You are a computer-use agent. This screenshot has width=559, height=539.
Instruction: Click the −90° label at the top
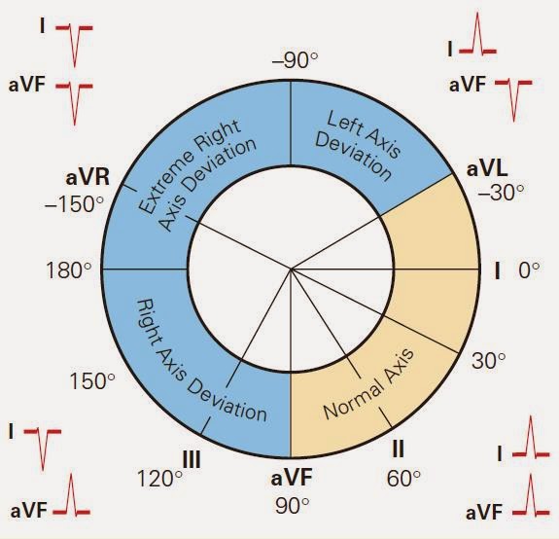click(x=295, y=60)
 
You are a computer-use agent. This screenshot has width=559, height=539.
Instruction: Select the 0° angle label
click(x=528, y=270)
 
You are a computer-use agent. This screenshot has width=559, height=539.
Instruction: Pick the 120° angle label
click(x=160, y=479)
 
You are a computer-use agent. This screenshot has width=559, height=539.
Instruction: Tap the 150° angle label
click(x=92, y=381)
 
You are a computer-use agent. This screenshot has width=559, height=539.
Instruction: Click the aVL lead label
click(x=487, y=168)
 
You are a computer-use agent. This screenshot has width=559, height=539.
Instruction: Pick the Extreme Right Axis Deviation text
click(x=196, y=168)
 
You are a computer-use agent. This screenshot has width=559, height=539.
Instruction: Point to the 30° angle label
click(x=489, y=361)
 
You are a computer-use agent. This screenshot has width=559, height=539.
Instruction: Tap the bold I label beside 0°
click(x=497, y=270)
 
